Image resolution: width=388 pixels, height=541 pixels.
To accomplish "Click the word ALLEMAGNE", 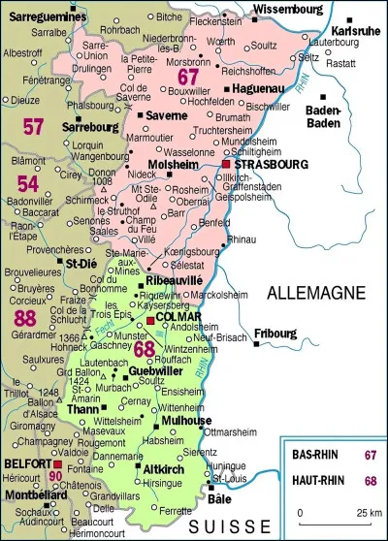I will [311, 292].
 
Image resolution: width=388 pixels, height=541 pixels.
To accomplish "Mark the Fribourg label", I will [275, 334].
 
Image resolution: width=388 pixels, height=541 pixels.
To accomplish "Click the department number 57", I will [34, 125].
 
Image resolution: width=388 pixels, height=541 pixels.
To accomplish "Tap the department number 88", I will [25, 318].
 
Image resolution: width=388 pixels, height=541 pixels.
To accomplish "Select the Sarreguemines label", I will [39, 16].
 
